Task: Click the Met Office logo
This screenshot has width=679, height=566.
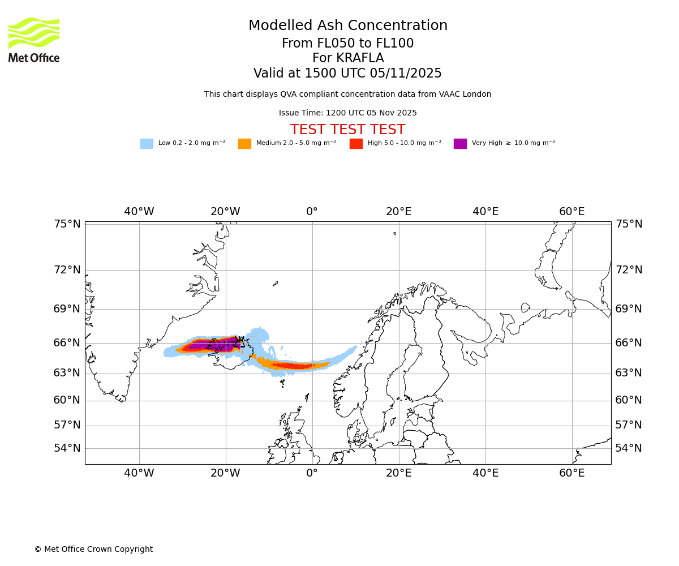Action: coord(34,40)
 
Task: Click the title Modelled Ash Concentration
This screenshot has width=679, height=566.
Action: coord(347,26)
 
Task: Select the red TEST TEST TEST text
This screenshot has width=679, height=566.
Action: coord(347,130)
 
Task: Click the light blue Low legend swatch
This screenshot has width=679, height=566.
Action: coord(147,144)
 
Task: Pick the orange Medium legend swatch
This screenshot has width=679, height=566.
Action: coord(244,144)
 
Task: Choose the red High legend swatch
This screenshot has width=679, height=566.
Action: coord(356,144)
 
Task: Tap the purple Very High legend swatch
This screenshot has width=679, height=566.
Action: coord(460,144)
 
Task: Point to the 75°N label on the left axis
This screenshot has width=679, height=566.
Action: coord(67,224)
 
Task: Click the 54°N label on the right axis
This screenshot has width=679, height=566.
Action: coord(629,448)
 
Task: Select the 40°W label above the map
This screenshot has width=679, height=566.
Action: coord(139,212)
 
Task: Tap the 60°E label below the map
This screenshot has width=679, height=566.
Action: coord(571,473)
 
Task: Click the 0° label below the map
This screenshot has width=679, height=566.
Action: coord(312,473)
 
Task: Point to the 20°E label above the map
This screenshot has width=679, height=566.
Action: coord(398,212)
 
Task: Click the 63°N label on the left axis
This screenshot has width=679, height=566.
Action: coord(67,373)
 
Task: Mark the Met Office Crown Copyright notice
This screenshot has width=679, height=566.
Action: coord(93,549)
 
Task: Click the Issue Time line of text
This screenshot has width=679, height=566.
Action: coord(347,113)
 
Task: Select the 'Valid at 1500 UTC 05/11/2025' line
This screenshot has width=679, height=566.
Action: coord(347,74)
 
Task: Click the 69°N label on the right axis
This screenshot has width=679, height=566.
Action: coord(629,309)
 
